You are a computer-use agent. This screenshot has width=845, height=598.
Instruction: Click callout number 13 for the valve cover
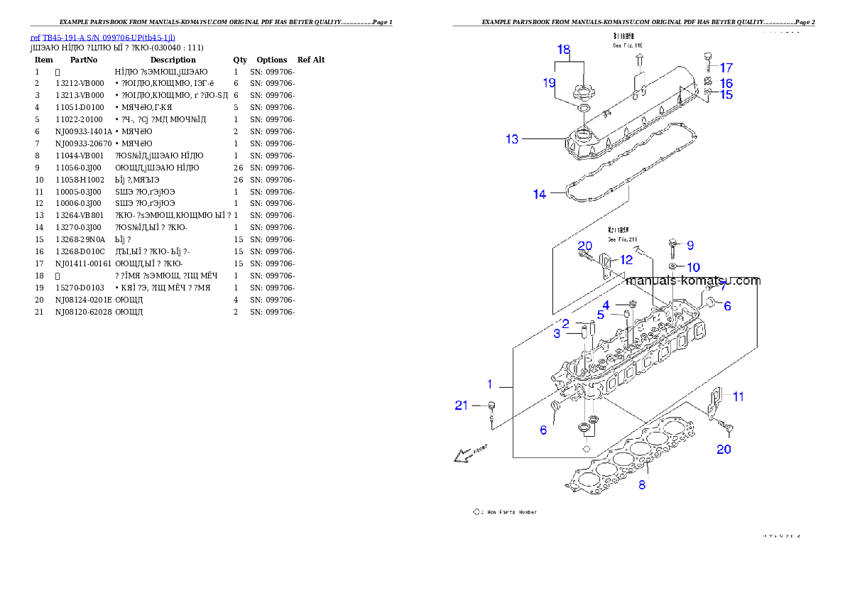pos(512,139)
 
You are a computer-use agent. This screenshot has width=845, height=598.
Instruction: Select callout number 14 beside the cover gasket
pos(540,194)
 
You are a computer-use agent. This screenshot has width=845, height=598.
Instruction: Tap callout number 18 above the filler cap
pos(564,50)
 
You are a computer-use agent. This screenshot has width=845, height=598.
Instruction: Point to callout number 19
pos(549,83)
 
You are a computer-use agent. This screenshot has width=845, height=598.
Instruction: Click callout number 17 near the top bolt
pos(726,68)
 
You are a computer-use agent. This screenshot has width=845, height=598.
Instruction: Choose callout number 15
pos(726,94)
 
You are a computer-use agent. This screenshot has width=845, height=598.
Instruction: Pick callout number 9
pos(690,245)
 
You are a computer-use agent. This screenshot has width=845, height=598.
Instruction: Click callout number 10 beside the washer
pos(693,267)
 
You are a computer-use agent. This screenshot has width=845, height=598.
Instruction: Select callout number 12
pos(626,260)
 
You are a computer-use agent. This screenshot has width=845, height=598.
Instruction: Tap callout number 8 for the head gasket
pos(642,485)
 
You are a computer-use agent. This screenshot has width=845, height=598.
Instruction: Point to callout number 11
pos(738,397)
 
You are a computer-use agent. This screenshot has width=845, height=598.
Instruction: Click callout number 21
pos(462,406)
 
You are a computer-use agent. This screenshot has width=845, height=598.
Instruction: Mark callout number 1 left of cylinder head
pos(489,384)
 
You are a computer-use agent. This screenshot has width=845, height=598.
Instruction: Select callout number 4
pos(606,305)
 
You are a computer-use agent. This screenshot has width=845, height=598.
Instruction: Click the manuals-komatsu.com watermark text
pos(693,281)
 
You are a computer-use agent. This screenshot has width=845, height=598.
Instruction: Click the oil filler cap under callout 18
pos(581,92)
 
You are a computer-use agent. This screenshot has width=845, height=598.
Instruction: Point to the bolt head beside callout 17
pos(707,56)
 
